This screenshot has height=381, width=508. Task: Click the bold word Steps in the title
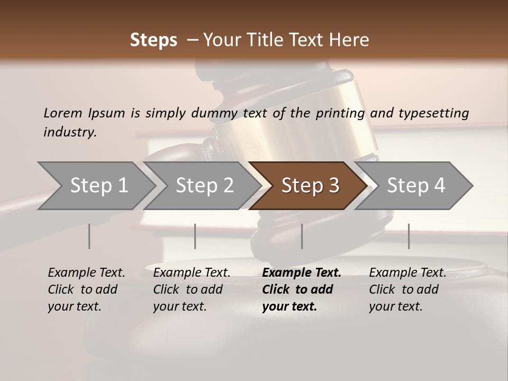pyautogui.click(x=153, y=40)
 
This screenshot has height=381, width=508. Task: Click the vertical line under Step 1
pyautogui.click(x=89, y=236)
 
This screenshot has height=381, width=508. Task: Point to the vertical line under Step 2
pyautogui.click(x=195, y=236)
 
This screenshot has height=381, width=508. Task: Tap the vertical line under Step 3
pyautogui.click(x=302, y=236)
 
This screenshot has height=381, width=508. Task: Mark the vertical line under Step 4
pyautogui.click(x=409, y=236)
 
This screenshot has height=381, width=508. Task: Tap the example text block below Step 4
pyautogui.click(x=407, y=289)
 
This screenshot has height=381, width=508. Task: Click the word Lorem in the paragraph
pyautogui.click(x=62, y=113)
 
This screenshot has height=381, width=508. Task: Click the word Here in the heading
pyautogui.click(x=349, y=40)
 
